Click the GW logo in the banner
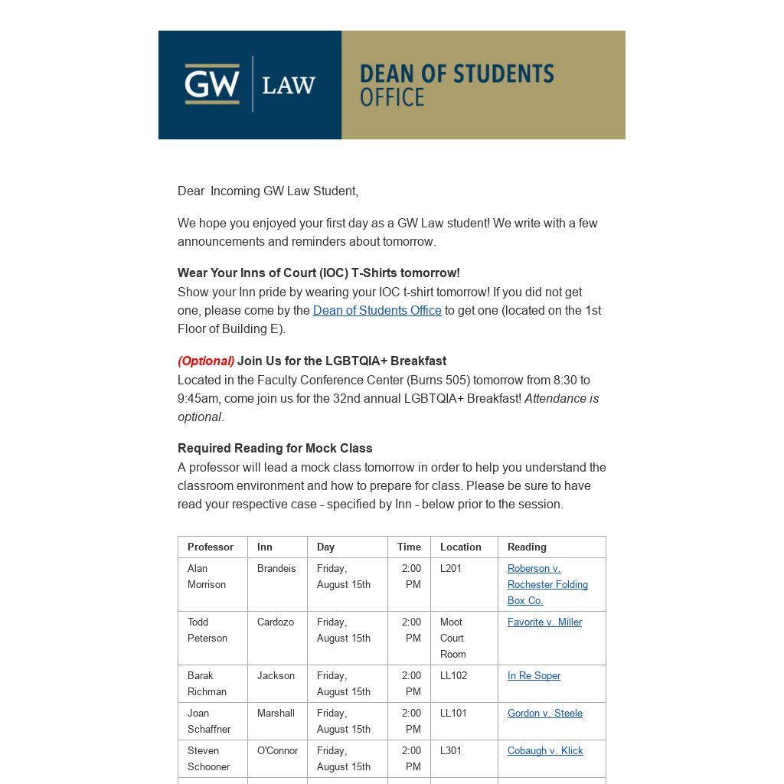tap(212, 83)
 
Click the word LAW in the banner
tap(289, 85)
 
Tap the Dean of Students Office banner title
tap(456, 84)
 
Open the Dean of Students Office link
tap(377, 310)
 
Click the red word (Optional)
tap(206, 361)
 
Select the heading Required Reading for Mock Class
tap(275, 448)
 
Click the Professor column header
tap(211, 547)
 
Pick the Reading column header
tap(527, 547)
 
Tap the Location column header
tap(460, 547)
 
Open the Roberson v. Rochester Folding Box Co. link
tap(547, 584)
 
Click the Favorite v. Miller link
tap(544, 622)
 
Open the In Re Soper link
tap(534, 675)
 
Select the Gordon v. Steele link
tap(544, 713)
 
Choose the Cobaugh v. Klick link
tap(544, 750)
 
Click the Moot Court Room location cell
tap(452, 638)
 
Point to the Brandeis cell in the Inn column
tap(276, 568)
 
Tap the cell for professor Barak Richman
tap(207, 683)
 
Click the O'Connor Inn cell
tap(277, 750)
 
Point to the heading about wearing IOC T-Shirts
tap(318, 273)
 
